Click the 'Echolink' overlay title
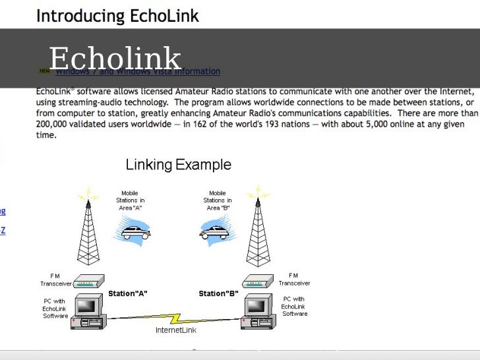click(115, 58)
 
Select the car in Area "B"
click(216, 231)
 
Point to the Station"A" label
click(128, 293)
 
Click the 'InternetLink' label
click(175, 330)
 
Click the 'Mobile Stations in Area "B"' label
click(217, 200)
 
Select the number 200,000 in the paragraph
click(52, 125)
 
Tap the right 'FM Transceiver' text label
click(294, 279)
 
